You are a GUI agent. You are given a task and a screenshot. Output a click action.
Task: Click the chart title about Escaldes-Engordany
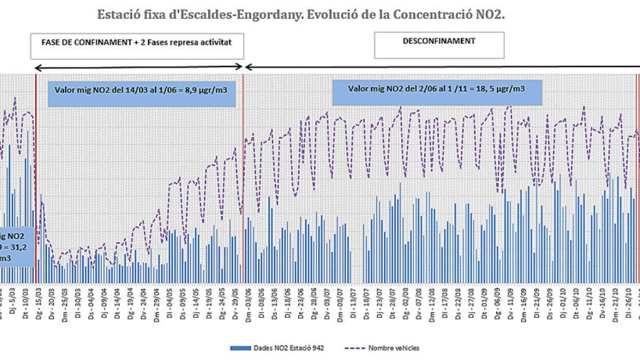click(301, 14)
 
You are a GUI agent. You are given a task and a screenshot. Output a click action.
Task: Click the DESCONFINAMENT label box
click(439, 45)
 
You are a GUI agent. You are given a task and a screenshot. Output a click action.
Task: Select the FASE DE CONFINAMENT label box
click(137, 46)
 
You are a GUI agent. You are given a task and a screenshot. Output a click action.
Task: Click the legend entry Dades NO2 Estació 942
click(277, 348)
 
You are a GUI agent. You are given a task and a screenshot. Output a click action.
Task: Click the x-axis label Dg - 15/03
click(38, 303)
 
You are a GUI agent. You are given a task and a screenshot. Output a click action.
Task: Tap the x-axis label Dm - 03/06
click(248, 303)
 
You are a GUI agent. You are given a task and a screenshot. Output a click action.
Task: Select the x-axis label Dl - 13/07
click(353, 303)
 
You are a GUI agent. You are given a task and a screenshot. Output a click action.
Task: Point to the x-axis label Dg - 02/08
click(405, 303)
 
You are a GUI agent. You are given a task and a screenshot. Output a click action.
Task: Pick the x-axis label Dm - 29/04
click(156, 303)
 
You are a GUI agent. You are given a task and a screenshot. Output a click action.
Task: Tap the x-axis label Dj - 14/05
click(196, 303)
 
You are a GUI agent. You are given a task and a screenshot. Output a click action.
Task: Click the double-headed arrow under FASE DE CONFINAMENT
click(139, 67)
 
